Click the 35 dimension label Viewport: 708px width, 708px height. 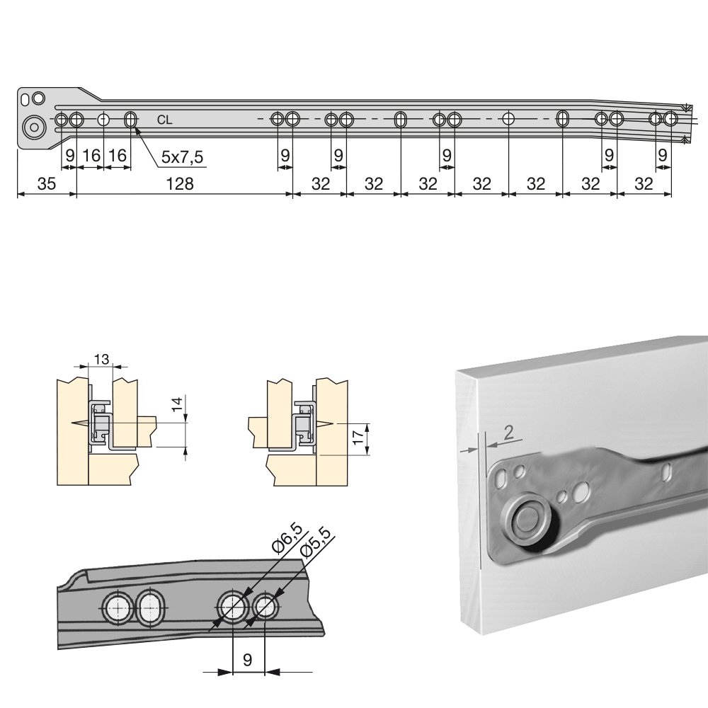(x=46, y=184)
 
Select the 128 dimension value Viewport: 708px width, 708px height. (x=180, y=184)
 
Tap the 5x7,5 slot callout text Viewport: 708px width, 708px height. (x=183, y=156)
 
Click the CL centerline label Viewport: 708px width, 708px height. (x=164, y=120)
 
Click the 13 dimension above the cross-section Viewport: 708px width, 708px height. (x=102, y=359)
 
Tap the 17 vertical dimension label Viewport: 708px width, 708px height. (x=358, y=437)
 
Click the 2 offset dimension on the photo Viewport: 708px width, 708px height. (x=508, y=433)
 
